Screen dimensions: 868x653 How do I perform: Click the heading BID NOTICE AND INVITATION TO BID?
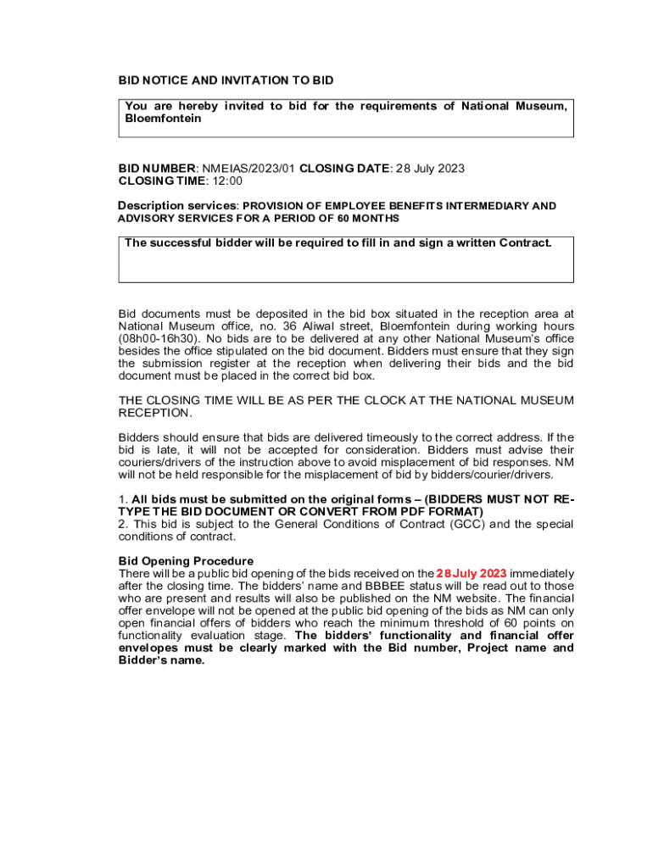tap(226, 81)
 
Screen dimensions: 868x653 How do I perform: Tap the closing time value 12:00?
tap(226, 181)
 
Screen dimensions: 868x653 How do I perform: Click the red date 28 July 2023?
tap(472, 574)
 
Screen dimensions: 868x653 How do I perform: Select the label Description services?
tap(176, 206)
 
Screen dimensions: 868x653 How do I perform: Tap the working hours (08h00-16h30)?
tap(159, 339)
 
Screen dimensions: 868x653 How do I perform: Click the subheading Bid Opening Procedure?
tap(186, 561)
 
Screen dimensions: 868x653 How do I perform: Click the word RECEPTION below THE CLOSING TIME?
tap(155, 413)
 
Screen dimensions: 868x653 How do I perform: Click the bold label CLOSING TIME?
tap(161, 181)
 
